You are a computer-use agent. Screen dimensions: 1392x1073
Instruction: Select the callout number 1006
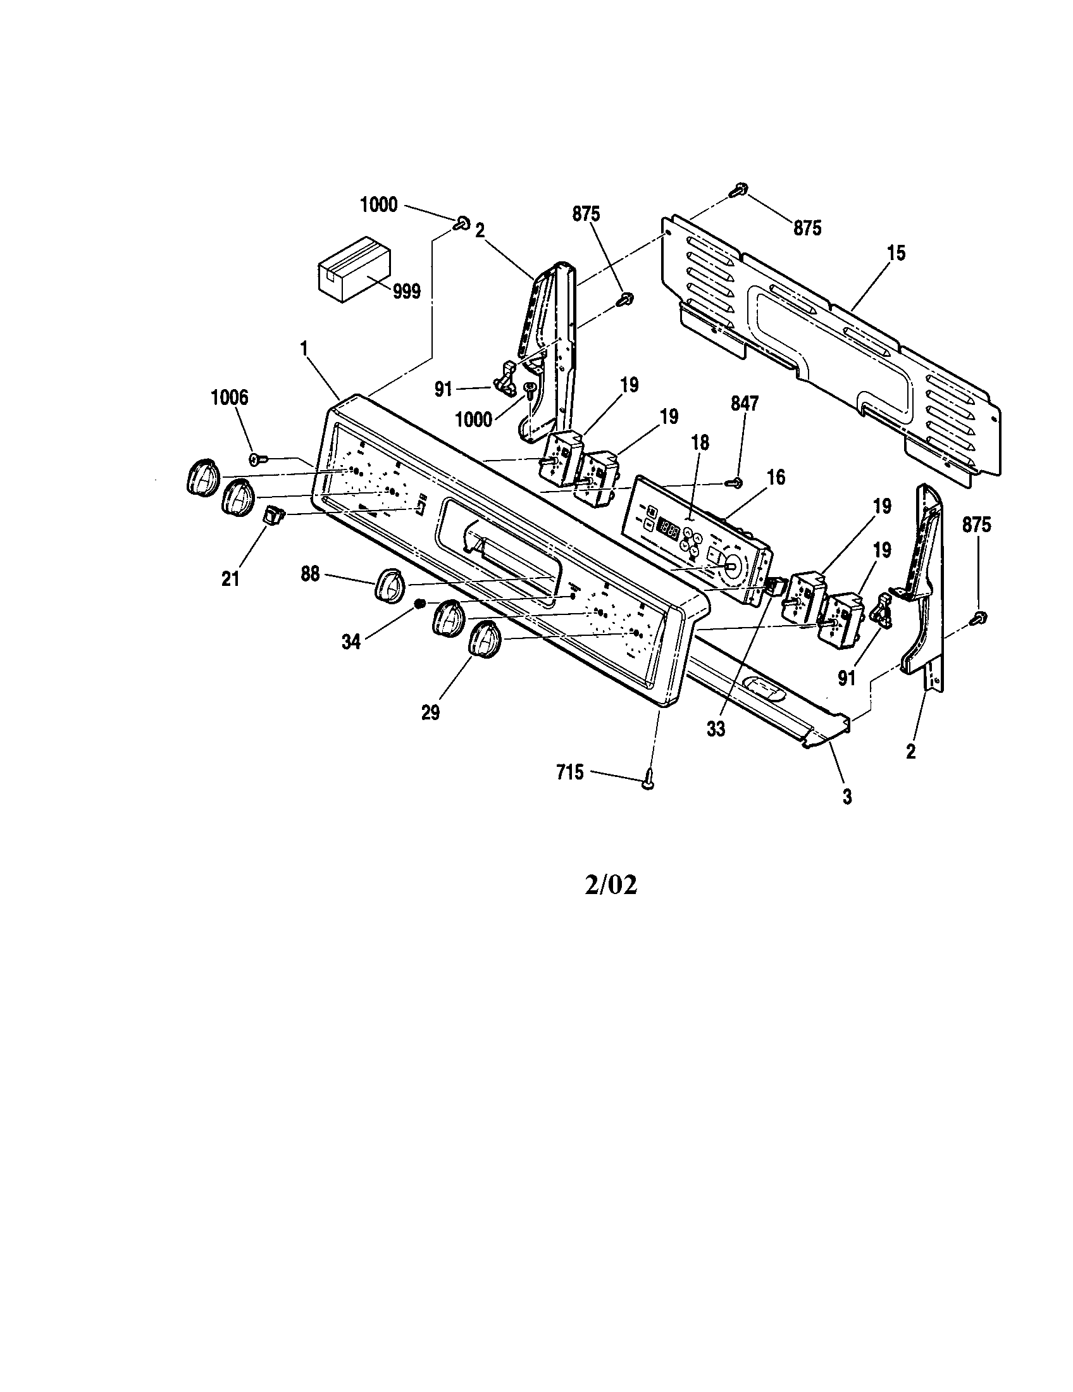(230, 398)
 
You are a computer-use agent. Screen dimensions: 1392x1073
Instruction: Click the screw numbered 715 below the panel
(648, 780)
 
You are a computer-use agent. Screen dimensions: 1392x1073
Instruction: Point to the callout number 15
(895, 253)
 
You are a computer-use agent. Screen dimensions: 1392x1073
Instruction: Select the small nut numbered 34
(419, 604)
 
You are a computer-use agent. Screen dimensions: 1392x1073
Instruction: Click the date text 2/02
(611, 885)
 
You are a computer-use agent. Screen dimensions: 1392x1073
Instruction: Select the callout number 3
(847, 796)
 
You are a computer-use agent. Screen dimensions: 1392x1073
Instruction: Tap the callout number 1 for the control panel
(304, 349)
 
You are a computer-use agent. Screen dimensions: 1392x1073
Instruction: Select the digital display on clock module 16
(667, 527)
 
